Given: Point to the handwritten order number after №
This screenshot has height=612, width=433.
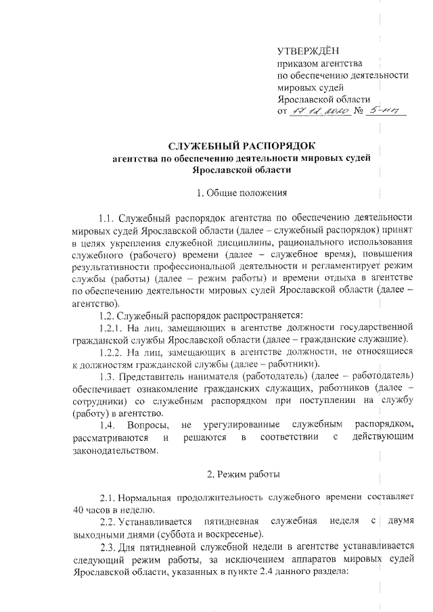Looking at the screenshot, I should click(389, 110).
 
